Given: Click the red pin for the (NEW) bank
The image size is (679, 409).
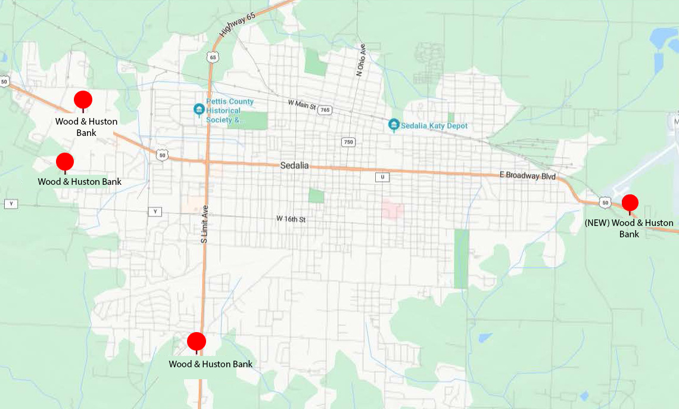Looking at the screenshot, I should (x=630, y=203).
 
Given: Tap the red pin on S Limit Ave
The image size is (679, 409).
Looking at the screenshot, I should (x=197, y=342).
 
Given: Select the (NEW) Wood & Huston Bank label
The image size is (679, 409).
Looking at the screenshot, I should (x=629, y=228).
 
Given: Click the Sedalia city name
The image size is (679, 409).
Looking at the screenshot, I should (x=294, y=165).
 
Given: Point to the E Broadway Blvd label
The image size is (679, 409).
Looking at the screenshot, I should (x=528, y=176).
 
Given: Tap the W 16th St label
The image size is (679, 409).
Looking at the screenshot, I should (x=291, y=219).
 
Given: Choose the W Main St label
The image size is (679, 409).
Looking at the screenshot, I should (x=301, y=104).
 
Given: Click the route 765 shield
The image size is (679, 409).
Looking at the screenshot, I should (x=325, y=110).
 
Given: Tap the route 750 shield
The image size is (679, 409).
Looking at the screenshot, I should (x=348, y=142).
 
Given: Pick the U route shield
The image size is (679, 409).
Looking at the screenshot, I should (x=381, y=177).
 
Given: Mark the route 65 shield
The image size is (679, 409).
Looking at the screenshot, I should (x=213, y=57).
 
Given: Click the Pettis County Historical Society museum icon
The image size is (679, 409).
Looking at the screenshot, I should (x=199, y=110).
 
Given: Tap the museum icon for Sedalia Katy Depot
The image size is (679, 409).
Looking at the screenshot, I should (x=393, y=125).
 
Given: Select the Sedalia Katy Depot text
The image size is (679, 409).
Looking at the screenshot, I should (x=435, y=126).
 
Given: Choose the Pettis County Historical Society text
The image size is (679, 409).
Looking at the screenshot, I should (x=229, y=110).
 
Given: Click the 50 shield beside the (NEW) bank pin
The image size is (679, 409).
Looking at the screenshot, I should (x=605, y=203).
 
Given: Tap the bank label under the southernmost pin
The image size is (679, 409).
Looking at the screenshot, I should (x=210, y=364).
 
